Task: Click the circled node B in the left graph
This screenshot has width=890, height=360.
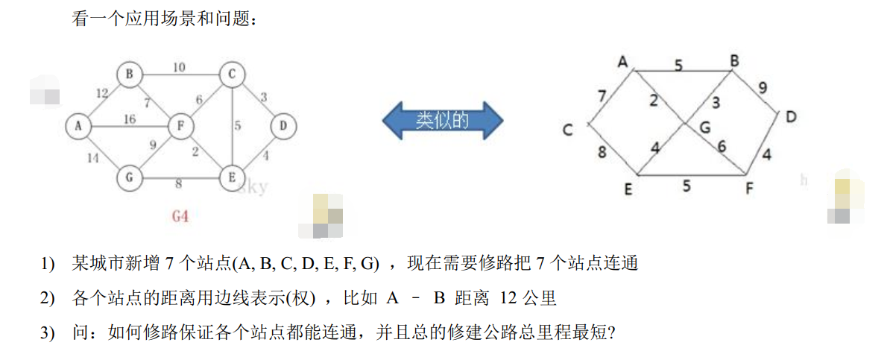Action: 130,74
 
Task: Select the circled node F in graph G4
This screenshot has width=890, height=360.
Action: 180,127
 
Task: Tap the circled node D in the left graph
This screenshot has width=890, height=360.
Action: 283,127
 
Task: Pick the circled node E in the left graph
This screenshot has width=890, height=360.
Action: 232,177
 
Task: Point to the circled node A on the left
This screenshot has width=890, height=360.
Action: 78,127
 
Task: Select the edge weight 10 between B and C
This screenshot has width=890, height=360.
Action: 179,67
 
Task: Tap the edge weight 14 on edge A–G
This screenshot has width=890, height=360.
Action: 92,157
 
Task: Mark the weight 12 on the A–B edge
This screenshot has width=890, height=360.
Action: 102,93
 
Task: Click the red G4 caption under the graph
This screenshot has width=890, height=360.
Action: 180,217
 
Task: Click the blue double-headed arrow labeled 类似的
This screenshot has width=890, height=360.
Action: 442,119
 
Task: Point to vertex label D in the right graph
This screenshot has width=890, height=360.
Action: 791,117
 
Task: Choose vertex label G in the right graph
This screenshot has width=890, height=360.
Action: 704,127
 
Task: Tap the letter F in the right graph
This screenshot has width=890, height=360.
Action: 749,189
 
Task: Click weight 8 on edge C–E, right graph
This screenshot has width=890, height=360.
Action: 602,154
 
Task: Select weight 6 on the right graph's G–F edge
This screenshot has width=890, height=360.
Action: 722,146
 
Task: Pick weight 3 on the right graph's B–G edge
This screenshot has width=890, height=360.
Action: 716,102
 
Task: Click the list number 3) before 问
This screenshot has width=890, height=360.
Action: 48,332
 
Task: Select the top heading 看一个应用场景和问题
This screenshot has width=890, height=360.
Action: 165,20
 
